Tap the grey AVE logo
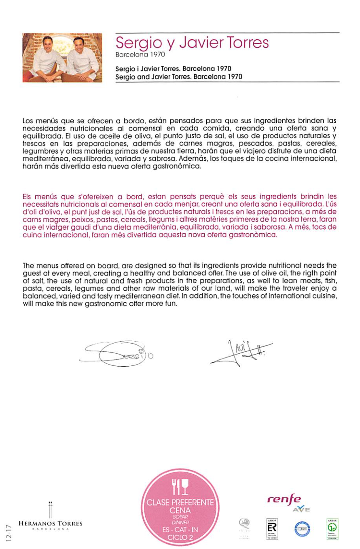point(301,509)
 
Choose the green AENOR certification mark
point(332,528)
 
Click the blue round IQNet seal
point(302,528)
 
